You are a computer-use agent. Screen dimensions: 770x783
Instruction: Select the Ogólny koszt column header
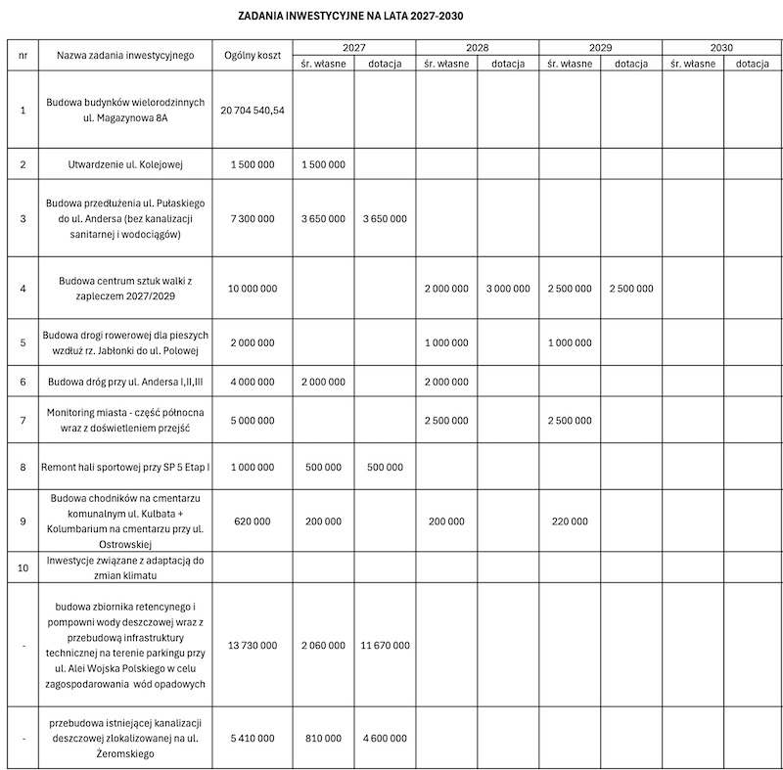pyautogui.click(x=253, y=56)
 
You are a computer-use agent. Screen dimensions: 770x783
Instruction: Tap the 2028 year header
pyautogui.click(x=477, y=47)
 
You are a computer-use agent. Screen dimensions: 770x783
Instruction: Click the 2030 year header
pyautogui.click(x=721, y=47)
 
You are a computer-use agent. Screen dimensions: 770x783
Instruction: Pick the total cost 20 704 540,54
pyautogui.click(x=253, y=111)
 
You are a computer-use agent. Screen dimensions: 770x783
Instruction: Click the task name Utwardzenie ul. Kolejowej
pyautogui.click(x=125, y=164)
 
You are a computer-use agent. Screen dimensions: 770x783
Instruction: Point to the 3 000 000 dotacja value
pyautogui.click(x=508, y=289)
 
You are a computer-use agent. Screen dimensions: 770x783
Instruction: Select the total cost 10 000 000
pyautogui.click(x=253, y=289)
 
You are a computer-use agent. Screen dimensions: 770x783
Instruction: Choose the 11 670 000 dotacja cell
pyautogui.click(x=385, y=646)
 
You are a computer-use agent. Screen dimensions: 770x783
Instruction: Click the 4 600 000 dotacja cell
pyautogui.click(x=385, y=739)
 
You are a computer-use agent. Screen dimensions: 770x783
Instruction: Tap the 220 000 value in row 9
pyautogui.click(x=570, y=522)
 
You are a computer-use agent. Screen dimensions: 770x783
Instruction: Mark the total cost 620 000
pyautogui.click(x=253, y=522)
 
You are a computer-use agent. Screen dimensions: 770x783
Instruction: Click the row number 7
pyautogui.click(x=23, y=419)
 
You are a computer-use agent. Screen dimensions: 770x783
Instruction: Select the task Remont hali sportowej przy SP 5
pyautogui.click(x=125, y=468)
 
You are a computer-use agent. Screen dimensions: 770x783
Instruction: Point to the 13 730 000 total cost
pyautogui.click(x=253, y=646)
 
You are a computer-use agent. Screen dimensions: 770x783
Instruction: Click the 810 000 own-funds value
pyautogui.click(x=323, y=739)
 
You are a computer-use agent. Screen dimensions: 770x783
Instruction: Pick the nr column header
pyautogui.click(x=23, y=56)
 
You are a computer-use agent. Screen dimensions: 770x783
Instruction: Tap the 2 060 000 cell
pyautogui.click(x=323, y=646)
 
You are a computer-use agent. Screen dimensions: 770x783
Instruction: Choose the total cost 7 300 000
pyautogui.click(x=253, y=219)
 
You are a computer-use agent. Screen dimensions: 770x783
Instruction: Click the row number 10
pyautogui.click(x=23, y=567)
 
